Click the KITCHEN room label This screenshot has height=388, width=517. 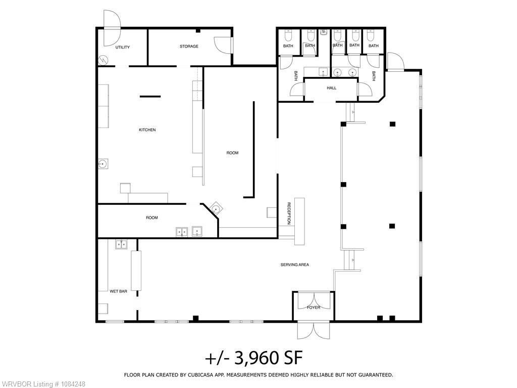tap(147, 130)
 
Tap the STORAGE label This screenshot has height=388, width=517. tap(189, 46)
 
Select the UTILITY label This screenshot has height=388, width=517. tap(122, 47)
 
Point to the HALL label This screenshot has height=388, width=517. tap(331, 88)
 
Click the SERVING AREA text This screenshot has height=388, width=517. tap(294, 265)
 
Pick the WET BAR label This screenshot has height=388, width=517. tap(118, 291)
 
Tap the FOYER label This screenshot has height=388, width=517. tap(313, 308)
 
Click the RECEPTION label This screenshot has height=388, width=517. tap(289, 213)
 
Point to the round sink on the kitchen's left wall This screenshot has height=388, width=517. tap(103, 163)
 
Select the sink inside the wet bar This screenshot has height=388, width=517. tap(121, 244)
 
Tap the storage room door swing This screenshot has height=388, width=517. tap(223, 45)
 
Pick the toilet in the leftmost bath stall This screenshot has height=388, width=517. tap(288, 35)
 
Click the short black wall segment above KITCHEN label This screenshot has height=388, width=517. tap(150, 97)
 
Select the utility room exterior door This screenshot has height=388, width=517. tap(112, 28)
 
